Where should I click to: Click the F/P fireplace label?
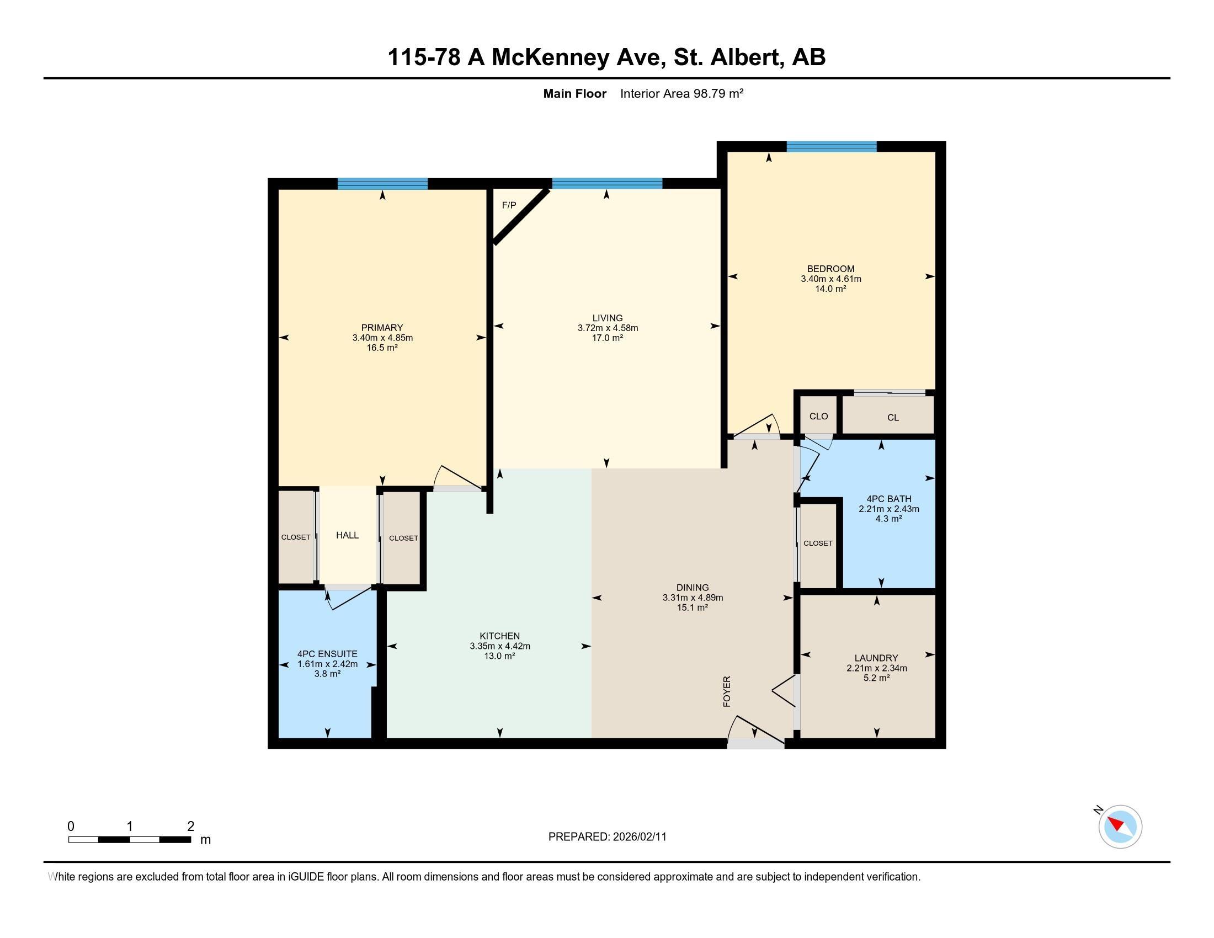[509, 205]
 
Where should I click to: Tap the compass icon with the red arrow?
[1120, 827]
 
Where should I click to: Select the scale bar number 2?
[191, 826]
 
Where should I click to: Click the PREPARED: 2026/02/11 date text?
[607, 836]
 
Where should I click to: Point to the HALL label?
[347, 535]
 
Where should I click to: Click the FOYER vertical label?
[727, 691]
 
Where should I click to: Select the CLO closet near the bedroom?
[818, 416]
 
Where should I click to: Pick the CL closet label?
[893, 417]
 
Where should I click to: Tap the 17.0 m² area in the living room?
[607, 337]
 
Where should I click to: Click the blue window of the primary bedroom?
[382, 184]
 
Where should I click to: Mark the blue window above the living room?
[607, 183]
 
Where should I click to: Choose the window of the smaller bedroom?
[831, 147]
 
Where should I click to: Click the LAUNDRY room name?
[876, 658]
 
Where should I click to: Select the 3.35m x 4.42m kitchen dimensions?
[500, 646]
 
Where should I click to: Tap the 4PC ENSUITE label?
[327, 654]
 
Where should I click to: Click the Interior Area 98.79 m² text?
[681, 93]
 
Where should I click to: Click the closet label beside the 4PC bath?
[818, 543]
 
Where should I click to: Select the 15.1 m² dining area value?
[692, 607]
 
